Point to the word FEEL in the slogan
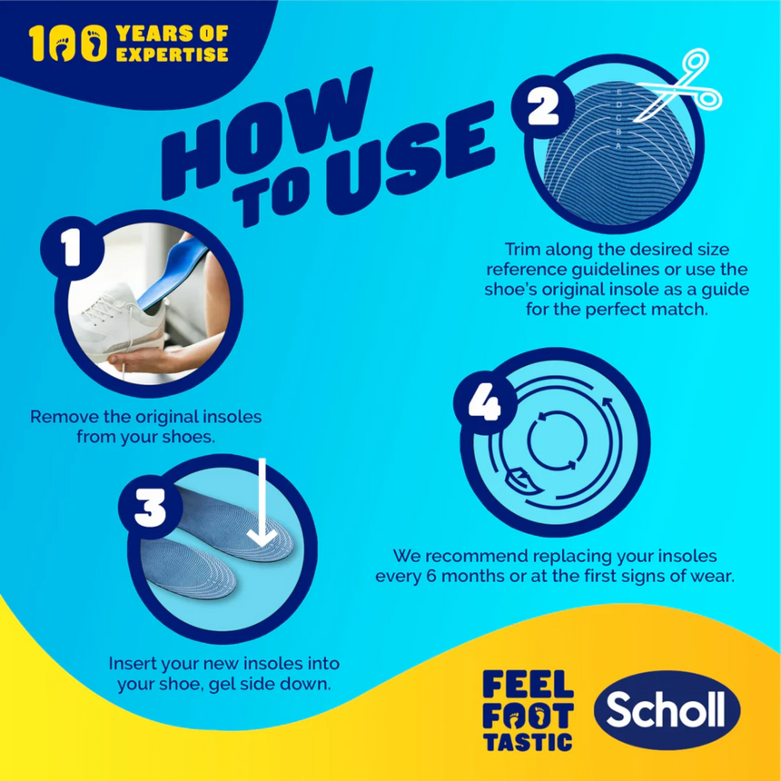pos(528,683)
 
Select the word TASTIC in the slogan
pos(528,740)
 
